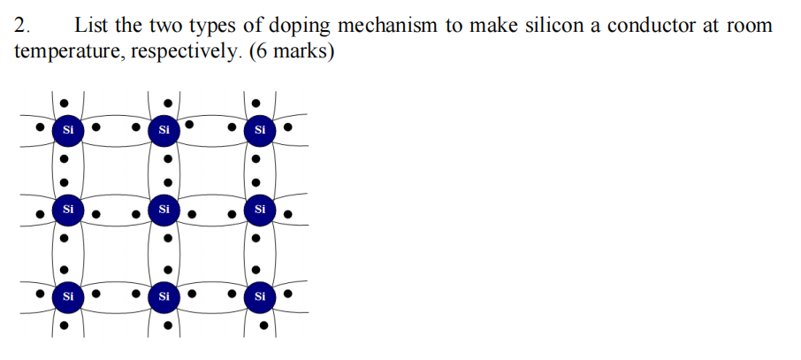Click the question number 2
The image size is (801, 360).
(22, 25)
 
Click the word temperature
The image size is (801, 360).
(69, 51)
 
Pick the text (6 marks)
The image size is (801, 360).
(292, 51)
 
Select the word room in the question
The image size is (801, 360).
(750, 25)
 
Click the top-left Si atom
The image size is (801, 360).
(68, 130)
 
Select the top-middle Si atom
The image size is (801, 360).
(164, 130)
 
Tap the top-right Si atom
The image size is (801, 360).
(259, 130)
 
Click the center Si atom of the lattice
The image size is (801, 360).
(164, 210)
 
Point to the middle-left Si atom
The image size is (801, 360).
(68, 210)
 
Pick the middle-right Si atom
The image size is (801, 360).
(259, 210)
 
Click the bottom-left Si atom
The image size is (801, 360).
(68, 296)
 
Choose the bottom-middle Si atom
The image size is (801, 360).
(164, 296)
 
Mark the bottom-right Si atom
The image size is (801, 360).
(259, 296)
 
